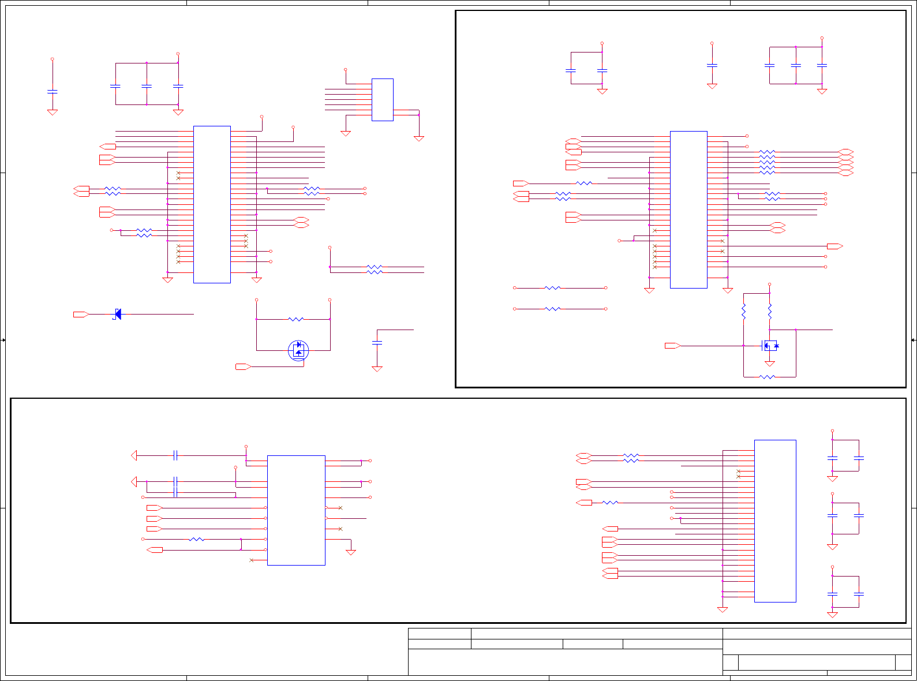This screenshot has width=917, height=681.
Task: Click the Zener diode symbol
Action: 117,314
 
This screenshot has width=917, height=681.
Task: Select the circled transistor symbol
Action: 298,350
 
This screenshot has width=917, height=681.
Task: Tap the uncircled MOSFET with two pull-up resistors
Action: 770,346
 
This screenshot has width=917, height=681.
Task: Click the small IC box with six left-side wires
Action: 382,100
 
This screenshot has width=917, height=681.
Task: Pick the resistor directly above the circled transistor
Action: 295,319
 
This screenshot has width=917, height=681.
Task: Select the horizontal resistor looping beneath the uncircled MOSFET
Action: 767,377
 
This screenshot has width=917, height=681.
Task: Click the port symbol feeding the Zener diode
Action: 80,315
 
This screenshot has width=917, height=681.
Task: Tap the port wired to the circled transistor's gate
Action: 243,366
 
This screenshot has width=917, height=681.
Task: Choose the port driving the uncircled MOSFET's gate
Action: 672,346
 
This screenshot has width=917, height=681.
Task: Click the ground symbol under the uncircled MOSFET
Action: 769,364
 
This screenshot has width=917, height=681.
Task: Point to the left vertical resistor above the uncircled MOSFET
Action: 744,312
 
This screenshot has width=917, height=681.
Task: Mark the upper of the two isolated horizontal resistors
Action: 552,287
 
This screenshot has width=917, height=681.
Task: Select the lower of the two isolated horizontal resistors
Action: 552,309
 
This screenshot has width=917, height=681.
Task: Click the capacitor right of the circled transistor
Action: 377,343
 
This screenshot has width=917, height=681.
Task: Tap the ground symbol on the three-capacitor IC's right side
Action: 728,290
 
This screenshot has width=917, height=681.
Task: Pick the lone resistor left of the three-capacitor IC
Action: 584,184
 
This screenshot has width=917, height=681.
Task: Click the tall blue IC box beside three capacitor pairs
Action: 775,521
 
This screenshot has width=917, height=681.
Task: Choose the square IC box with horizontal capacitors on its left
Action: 296,510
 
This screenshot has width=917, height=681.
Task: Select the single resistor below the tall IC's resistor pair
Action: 610,503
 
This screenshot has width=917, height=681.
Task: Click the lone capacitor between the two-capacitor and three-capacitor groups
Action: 712,66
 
